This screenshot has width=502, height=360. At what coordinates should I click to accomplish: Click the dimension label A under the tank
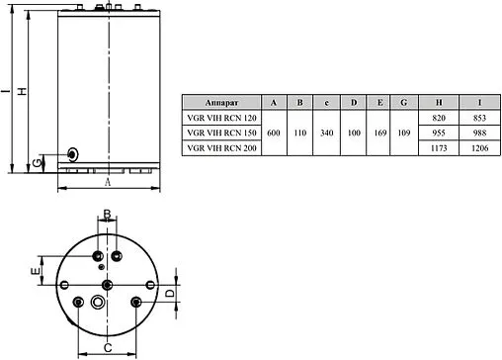[x=107, y=182]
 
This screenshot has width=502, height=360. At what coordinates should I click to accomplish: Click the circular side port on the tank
[x=72, y=154]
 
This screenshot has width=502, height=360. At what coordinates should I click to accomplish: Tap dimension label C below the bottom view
[x=106, y=347]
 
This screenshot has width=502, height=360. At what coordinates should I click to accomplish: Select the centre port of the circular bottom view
[x=107, y=280]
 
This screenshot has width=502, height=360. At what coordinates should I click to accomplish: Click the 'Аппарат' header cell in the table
[x=220, y=102]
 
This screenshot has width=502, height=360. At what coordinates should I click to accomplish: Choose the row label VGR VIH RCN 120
[x=220, y=117]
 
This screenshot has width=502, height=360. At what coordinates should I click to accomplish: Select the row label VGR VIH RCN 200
[x=220, y=146]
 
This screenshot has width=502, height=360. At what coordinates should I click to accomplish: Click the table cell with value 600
[x=273, y=132]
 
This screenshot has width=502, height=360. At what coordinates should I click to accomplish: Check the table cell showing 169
[x=379, y=132]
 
